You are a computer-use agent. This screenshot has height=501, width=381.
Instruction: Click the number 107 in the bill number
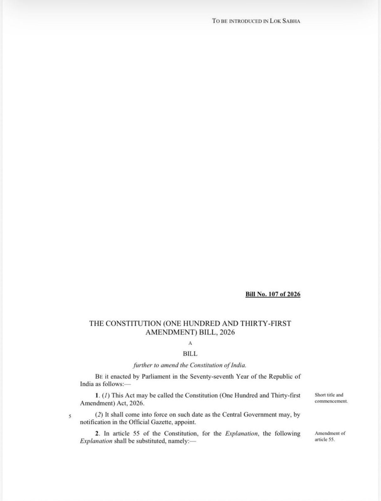coord(274,294)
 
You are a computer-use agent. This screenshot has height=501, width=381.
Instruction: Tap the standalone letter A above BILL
coord(190,343)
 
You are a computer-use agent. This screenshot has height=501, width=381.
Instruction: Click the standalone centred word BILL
coord(190,354)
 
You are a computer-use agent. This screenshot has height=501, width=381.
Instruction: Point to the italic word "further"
coord(143,365)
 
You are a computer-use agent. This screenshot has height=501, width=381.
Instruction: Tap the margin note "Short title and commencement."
coord(331,398)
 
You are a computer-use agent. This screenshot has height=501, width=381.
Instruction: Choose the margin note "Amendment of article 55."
coord(330,436)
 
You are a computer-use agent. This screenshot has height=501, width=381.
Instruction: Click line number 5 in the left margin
coord(70,416)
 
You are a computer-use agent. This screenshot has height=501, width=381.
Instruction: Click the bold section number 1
coord(97,395)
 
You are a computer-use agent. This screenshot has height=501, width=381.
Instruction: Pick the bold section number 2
coord(97,434)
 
